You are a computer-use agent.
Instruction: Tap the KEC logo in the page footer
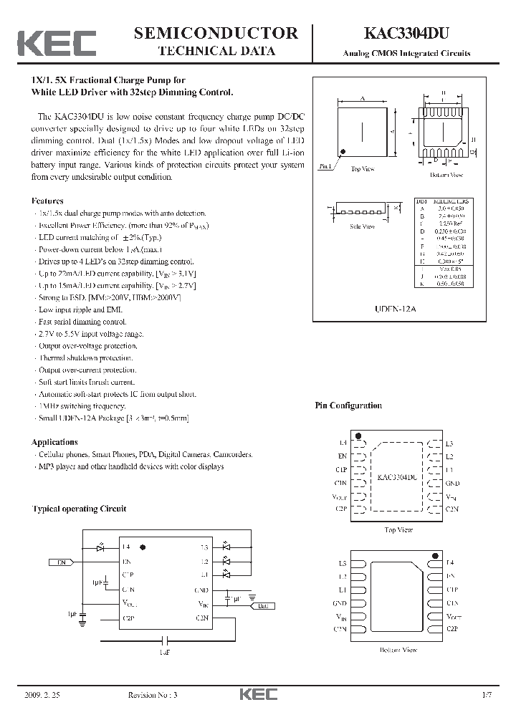257,694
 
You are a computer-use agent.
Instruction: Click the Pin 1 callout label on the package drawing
325,166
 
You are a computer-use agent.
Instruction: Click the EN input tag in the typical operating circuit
62,562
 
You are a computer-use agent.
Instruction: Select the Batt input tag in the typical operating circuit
262,606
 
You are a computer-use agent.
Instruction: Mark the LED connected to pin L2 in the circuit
226,561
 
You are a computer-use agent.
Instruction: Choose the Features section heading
47,201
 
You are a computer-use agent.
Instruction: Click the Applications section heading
54,442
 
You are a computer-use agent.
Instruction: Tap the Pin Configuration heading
348,405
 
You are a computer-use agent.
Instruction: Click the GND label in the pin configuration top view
452,483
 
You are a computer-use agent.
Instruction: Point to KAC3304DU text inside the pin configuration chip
398,476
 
